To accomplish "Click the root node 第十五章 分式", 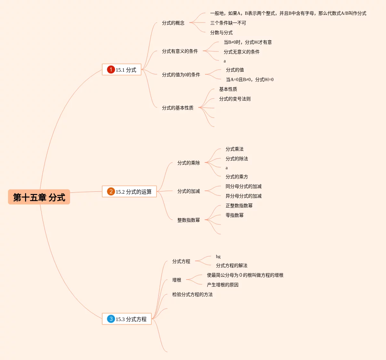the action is [x=39, y=197].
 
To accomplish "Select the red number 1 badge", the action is [x=111, y=69].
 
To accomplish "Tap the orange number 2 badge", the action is [x=111, y=191].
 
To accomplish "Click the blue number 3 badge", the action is [x=111, y=319].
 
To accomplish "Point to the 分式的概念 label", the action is [x=173, y=23].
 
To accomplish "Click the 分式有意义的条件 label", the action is [x=180, y=51].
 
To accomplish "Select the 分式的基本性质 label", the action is [x=178, y=108].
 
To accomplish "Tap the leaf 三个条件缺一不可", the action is [x=228, y=23].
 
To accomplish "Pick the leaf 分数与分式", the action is [x=221, y=32].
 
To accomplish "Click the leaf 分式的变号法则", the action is [x=235, y=99].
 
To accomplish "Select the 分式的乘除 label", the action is [x=189, y=163].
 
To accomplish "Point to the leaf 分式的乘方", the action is [x=237, y=177].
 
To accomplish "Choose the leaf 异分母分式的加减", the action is [x=244, y=196].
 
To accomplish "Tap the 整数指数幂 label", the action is [x=189, y=220].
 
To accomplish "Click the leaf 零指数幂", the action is [x=235, y=215].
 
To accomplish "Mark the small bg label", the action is [x=218, y=256].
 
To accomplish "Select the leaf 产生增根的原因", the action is [x=223, y=285].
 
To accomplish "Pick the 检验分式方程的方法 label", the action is [x=193, y=294].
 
